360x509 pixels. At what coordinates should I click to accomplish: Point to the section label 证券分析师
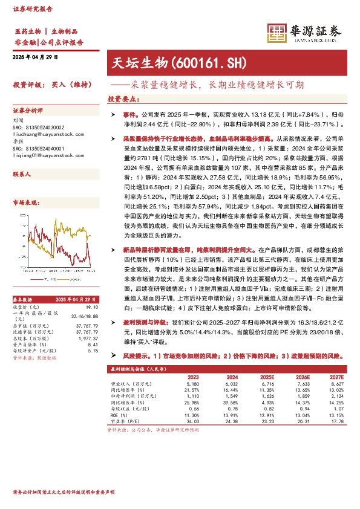(x=28, y=111)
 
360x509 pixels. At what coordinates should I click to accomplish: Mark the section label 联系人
(x=22, y=173)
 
